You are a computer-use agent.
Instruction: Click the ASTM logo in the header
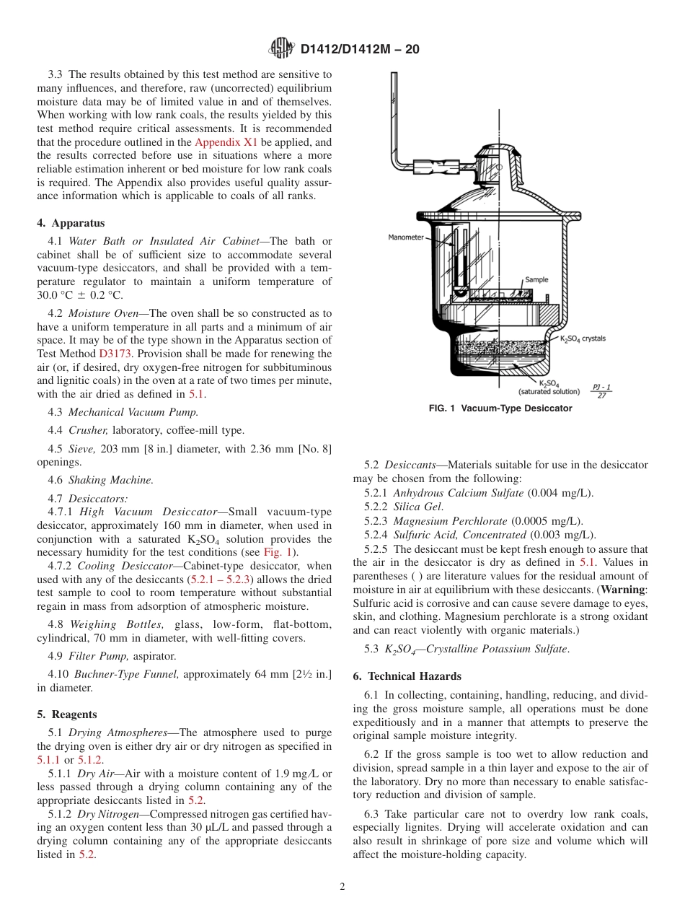point(281,48)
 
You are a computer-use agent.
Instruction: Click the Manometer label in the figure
point(406,237)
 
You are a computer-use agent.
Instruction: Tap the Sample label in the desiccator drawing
point(536,279)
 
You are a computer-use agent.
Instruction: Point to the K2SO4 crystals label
point(583,338)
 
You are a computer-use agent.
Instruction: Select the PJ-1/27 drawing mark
point(601,390)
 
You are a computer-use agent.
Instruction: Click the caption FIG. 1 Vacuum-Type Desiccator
point(500,408)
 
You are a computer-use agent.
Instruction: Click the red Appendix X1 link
point(226,142)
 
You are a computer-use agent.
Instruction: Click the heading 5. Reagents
point(66,714)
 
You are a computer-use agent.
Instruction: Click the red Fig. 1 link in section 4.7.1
point(277,552)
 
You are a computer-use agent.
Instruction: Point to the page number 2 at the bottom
point(342,887)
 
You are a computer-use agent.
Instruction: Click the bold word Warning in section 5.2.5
point(624,590)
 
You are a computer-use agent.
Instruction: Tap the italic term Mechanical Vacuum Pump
point(133,412)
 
